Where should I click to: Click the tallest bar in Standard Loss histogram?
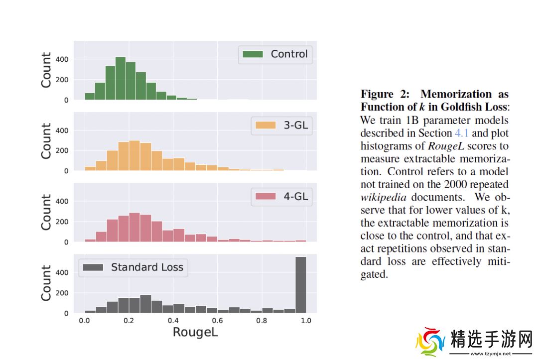pos(300,285)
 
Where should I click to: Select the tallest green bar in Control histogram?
pos(121,79)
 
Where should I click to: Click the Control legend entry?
pos(275,54)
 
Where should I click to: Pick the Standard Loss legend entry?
pos(133,267)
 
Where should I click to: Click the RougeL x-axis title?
pos(195,332)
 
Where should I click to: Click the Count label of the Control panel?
pos(46,70)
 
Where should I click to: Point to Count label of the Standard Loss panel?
pos(46,283)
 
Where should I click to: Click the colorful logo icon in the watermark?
pos(430,343)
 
